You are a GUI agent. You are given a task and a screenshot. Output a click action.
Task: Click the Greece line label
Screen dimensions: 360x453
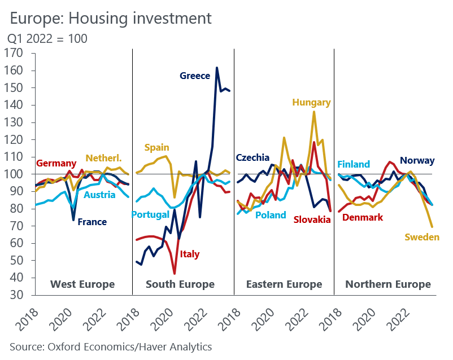[195, 76]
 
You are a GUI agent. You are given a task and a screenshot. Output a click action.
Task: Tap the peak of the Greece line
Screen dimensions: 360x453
[217, 68]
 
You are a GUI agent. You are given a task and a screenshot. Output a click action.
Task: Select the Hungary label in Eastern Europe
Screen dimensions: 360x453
[311, 102]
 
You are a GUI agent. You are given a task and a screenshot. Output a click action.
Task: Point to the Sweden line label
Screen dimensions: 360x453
[422, 237]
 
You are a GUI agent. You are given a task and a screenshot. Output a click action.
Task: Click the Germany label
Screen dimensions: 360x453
[56, 164]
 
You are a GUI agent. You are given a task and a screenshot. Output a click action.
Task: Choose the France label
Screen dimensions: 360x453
[92, 222]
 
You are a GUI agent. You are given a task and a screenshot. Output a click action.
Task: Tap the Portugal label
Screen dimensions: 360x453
[151, 214]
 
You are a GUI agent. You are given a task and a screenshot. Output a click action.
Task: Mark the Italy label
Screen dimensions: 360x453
[190, 254]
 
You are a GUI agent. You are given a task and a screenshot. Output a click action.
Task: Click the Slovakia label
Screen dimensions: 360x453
[312, 219]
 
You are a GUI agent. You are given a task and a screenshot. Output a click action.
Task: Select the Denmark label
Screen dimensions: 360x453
[363, 217]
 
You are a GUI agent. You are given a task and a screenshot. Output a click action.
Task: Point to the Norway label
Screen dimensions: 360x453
[417, 161]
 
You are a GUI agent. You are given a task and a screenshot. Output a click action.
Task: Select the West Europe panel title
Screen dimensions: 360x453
[82, 284]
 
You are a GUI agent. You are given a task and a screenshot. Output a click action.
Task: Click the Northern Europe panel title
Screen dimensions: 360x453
[387, 284]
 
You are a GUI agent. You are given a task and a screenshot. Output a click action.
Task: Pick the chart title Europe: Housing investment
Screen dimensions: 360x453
[111, 18]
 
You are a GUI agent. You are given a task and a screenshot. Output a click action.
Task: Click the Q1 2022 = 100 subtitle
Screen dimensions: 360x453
[47, 39]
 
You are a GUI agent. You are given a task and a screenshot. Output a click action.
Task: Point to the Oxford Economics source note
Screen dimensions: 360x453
[111, 346]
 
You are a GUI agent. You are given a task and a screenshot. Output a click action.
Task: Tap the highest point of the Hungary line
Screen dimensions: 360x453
[314, 112]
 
